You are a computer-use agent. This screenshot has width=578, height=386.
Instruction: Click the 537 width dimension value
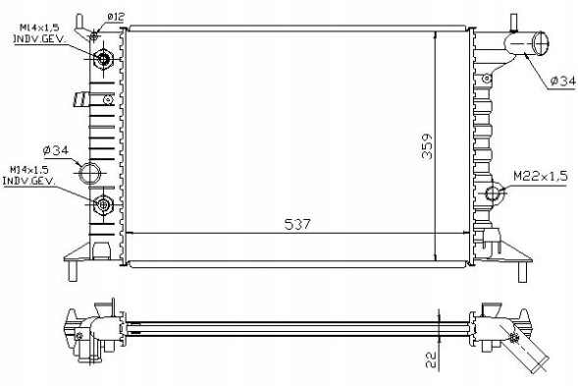297,224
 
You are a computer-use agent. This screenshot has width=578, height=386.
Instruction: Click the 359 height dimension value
427,146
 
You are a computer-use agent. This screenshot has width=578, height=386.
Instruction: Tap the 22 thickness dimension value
431,359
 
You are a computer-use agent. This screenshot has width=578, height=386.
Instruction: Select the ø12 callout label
116,17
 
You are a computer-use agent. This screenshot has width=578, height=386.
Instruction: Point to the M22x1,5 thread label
541,177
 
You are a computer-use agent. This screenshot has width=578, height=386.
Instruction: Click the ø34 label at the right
563,81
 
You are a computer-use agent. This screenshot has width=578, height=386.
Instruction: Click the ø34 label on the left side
55,150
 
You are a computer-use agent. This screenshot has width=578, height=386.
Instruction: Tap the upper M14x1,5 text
39,28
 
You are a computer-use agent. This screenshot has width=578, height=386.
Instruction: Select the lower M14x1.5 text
29,171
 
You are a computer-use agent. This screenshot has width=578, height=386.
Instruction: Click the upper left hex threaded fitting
103,59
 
